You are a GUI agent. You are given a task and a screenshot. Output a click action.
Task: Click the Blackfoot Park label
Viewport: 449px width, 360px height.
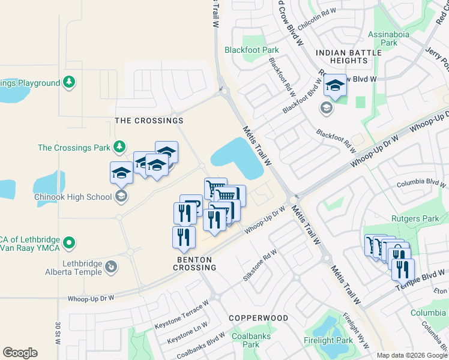(252, 50)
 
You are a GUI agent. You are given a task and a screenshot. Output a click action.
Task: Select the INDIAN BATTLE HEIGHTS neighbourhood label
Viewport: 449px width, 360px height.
(349, 57)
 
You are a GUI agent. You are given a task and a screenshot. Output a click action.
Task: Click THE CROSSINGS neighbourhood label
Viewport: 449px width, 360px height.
(149, 121)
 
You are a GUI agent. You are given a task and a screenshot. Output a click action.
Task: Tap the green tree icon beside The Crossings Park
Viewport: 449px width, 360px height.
(119, 146)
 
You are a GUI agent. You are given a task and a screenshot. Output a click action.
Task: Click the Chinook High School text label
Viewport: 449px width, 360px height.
(74, 197)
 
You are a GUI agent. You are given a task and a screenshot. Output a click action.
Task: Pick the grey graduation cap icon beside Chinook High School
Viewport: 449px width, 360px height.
(121, 196)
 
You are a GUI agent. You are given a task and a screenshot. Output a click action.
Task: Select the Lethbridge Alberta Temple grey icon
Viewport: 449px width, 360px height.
(111, 266)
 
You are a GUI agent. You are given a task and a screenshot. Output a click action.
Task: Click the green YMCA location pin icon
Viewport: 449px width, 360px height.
(70, 243)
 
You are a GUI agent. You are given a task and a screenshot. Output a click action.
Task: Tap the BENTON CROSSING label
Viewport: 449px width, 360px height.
(196, 263)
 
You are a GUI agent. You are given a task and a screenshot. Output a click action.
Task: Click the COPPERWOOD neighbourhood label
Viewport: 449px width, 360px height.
(258, 317)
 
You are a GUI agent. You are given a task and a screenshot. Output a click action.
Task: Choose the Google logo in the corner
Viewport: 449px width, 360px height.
(20, 353)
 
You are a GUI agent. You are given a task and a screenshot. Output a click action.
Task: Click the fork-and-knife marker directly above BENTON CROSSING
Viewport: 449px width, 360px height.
(184, 236)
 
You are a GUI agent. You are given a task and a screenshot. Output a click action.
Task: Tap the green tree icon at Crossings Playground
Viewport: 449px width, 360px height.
(70, 82)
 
